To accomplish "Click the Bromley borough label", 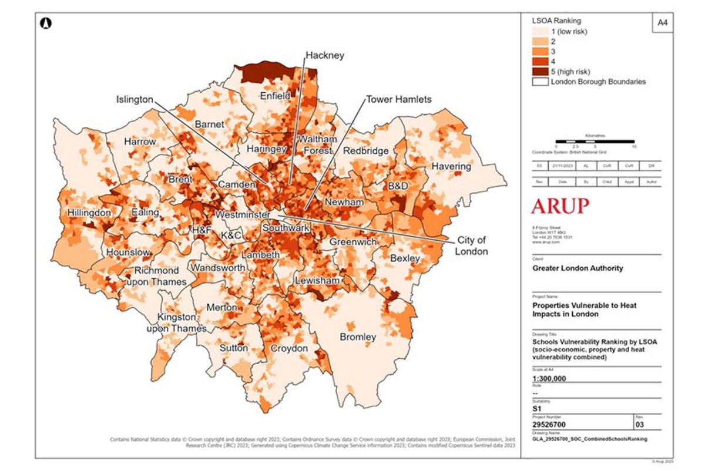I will pos(358,337).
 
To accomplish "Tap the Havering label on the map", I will pos(451,166).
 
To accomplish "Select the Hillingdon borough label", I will pos(89,212).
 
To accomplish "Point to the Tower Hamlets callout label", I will pos(399,99).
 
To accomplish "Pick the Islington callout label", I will pos(133,100).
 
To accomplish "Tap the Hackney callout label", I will pos(324,55).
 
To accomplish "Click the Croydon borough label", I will pos(288,348).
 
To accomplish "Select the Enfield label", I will pos(276,96).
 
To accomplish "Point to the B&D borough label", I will pos(397,186).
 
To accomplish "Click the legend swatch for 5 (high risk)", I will pos(539,71).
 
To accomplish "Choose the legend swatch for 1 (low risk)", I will pos(539,31).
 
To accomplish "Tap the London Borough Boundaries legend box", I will pos(539,82).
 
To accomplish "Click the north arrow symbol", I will pos(46,23).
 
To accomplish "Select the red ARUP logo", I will pos(560,206).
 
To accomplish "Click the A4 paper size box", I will pos(662,23).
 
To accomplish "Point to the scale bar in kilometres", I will pos(595,142).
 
